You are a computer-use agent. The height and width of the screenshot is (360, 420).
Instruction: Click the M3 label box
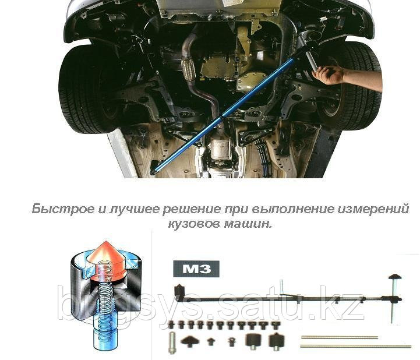tap(196, 269)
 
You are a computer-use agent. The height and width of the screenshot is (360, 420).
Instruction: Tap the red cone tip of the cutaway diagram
tap(105, 242)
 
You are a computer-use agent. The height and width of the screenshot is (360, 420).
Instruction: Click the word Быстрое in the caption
tap(63, 209)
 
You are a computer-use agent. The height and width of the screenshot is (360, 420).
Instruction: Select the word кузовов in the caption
tap(194, 223)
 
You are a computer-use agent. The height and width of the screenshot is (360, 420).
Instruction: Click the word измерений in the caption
tap(373, 209)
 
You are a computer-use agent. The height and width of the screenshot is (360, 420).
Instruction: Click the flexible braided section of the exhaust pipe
tap(188, 69)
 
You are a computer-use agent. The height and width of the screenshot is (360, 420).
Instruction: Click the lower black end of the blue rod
tap(155, 167)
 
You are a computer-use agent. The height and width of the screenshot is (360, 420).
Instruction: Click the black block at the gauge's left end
tap(179, 290)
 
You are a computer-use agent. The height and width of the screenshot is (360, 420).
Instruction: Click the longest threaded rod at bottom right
tap(355, 347)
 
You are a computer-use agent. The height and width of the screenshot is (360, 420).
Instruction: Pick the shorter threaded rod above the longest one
tap(340, 337)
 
